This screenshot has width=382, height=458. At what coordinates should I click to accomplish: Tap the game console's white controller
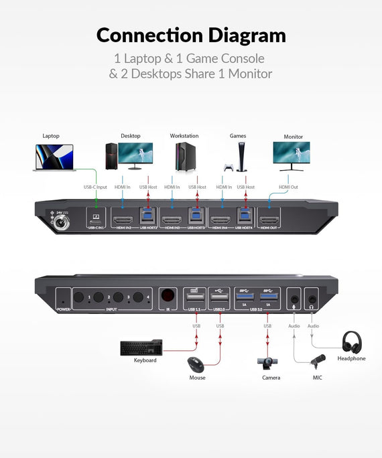pyautogui.click(x=229, y=167)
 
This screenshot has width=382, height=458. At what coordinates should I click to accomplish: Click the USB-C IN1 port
pyautogui.click(x=96, y=218)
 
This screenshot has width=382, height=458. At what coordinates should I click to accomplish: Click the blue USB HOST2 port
pyautogui.click(x=147, y=216)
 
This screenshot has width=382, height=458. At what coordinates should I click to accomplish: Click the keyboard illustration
pyautogui.click(x=141, y=348)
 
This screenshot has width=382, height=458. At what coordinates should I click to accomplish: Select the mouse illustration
pyautogui.click(x=196, y=365)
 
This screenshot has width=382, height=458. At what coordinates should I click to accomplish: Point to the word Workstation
pyautogui.click(x=184, y=136)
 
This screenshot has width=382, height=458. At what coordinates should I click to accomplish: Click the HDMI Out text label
pyautogui.click(x=288, y=187)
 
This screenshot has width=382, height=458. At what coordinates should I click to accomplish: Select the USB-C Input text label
pyautogui.click(x=94, y=187)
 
